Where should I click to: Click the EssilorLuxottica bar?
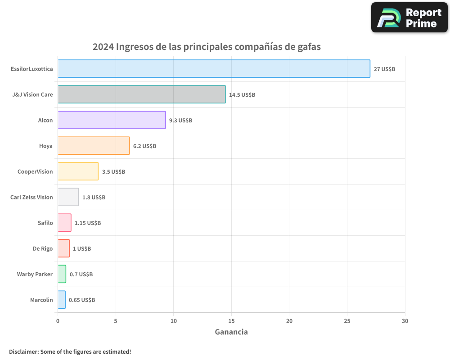[x=214, y=69]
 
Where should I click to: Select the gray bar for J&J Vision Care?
[x=141, y=94]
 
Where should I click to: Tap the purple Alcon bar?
[x=111, y=120]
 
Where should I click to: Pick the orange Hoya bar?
[x=94, y=146]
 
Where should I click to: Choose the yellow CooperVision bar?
[x=78, y=171]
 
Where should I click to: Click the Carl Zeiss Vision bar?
[x=68, y=197]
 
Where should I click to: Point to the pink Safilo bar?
[x=64, y=223]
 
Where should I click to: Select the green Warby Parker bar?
[x=62, y=274]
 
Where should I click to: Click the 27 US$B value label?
[x=384, y=69]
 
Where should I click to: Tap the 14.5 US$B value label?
[x=242, y=94]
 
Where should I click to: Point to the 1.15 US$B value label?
[x=88, y=223]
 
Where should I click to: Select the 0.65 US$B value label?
[x=82, y=300]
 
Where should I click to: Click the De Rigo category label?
[x=43, y=248]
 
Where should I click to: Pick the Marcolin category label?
[x=41, y=300]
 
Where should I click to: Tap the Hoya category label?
[x=46, y=146]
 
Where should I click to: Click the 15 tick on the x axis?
[x=231, y=321]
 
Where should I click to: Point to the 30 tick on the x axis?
[x=405, y=321]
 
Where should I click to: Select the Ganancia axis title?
[x=231, y=332]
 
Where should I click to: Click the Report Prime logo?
[x=409, y=18]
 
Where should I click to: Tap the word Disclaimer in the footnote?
[x=23, y=351]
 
